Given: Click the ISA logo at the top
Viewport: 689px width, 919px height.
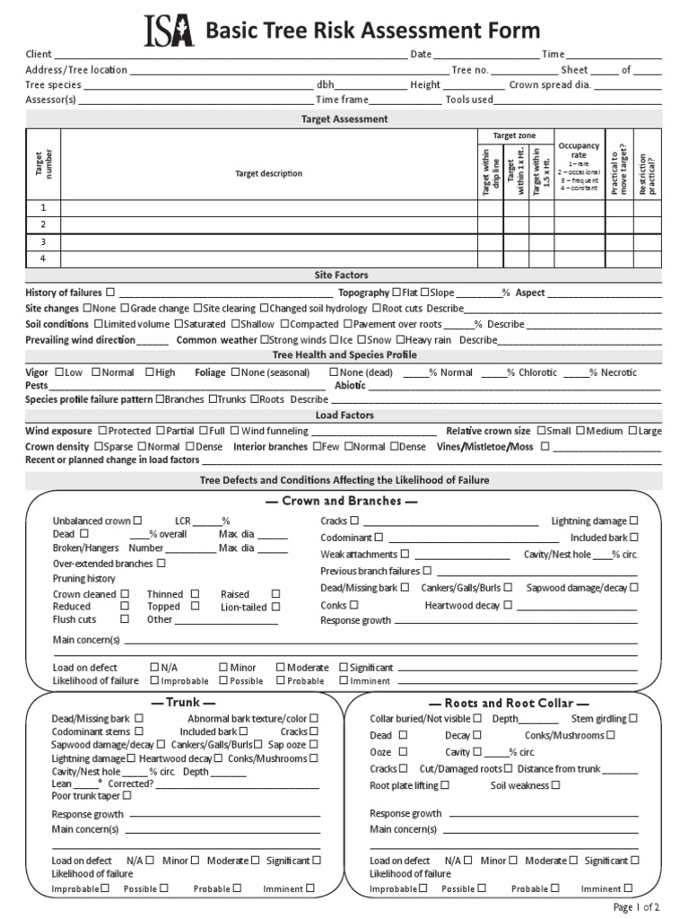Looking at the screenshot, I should [x=170, y=31].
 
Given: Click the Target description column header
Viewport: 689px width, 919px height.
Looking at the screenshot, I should [x=268, y=173].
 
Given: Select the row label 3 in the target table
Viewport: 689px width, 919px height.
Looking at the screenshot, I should [x=42, y=242].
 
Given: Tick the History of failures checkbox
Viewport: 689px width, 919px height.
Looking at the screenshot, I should [x=110, y=293].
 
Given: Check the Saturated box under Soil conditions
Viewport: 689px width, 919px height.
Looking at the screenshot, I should [x=179, y=324].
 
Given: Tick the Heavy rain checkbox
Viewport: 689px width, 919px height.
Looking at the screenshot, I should [x=401, y=340].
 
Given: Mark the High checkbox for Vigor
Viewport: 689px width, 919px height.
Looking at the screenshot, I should [x=148, y=372].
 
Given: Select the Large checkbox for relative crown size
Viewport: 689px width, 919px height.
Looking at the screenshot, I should [x=632, y=431].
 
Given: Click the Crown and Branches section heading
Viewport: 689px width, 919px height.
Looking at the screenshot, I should [x=341, y=501].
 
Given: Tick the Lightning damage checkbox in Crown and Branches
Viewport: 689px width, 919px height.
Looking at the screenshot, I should [x=633, y=521].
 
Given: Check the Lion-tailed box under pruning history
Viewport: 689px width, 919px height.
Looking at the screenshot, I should [x=275, y=607].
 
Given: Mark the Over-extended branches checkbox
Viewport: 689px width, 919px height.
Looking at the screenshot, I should [x=161, y=564].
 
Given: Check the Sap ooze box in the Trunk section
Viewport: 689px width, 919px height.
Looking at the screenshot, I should [x=314, y=744].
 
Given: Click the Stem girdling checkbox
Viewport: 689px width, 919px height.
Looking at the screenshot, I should [x=633, y=718].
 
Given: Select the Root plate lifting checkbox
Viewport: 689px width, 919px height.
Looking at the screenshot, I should [x=444, y=784].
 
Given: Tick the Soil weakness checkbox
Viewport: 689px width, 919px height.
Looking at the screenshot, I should [x=555, y=784].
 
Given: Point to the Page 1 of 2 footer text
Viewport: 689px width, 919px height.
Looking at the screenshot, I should [x=637, y=906].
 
